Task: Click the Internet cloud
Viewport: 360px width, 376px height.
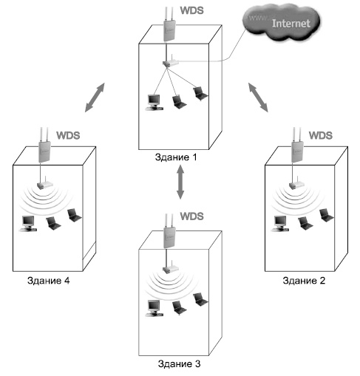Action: (281, 23)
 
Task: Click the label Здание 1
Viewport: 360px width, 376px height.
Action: (176, 157)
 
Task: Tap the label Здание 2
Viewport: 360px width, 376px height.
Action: (304, 281)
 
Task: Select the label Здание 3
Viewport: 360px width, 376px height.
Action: (179, 363)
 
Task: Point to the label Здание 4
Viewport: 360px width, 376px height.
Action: (49, 281)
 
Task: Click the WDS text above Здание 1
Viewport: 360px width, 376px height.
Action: (192, 10)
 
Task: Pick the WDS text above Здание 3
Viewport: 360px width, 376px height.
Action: (192, 216)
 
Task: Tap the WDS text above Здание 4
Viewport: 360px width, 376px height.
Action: (68, 135)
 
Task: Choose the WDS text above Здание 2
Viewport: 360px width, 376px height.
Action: (321, 135)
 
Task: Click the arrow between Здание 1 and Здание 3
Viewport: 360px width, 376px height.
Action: (180, 182)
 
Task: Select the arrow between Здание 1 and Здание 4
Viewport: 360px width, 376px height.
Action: (95, 98)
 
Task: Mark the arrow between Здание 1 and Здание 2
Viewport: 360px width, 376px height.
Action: (258, 98)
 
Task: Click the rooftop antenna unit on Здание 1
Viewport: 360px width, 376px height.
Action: (169, 24)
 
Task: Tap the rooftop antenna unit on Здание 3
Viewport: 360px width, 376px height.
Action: (169, 231)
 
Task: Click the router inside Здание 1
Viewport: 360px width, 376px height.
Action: (170, 63)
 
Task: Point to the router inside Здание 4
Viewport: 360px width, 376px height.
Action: (44, 184)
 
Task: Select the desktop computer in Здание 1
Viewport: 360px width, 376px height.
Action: (154, 103)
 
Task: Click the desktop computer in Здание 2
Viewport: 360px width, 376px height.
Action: (280, 224)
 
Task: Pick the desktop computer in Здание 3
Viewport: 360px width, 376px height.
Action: (154, 308)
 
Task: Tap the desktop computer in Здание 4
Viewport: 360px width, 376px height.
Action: (28, 224)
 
